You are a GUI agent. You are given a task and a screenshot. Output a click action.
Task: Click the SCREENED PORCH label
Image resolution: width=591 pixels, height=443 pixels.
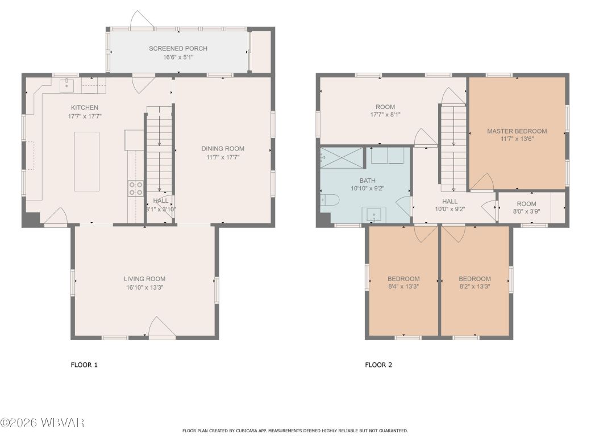(178, 49)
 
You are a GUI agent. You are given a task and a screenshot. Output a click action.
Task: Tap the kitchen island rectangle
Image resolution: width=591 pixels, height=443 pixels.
(87, 161)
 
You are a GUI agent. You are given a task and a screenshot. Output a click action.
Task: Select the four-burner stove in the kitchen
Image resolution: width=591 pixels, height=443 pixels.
(136, 188)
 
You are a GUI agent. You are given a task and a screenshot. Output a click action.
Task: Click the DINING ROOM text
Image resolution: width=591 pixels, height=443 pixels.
(223, 149)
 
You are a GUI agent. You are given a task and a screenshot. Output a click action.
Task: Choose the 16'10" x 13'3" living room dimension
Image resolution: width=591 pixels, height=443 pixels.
(144, 287)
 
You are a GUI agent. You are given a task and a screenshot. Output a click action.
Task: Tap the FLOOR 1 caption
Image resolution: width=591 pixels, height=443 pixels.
(84, 365)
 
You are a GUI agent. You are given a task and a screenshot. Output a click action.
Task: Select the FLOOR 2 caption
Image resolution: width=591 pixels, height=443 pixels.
(378, 365)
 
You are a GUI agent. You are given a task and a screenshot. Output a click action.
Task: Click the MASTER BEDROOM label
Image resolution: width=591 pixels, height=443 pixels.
(517, 131)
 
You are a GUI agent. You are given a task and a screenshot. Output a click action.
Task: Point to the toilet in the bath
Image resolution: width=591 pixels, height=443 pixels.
(330, 200)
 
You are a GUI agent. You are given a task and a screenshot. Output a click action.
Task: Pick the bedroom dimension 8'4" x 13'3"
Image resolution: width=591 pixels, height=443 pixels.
(403, 287)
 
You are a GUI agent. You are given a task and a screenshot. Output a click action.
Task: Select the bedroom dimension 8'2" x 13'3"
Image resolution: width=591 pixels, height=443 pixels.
(475, 287)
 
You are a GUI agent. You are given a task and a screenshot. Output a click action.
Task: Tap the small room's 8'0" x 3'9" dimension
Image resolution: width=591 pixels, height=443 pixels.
(526, 212)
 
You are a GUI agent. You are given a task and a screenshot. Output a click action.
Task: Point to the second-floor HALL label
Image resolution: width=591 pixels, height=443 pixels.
(450, 202)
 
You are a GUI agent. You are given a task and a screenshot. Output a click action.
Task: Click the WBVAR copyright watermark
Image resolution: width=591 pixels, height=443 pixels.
(43, 423)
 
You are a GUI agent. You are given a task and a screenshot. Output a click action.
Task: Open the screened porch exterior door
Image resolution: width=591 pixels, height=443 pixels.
(141, 20)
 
